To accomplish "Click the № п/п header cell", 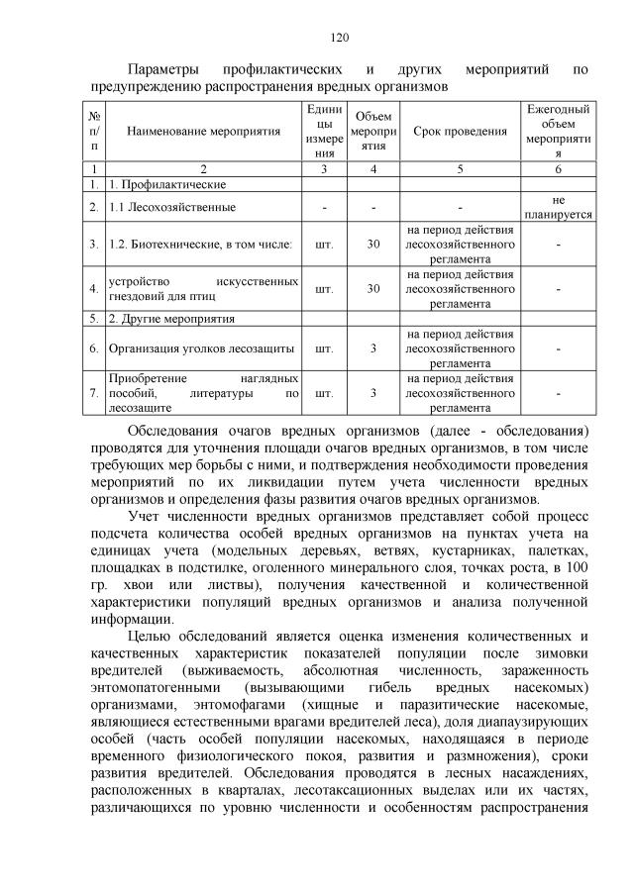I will pos(93,132).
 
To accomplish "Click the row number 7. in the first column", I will pos(93,393).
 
